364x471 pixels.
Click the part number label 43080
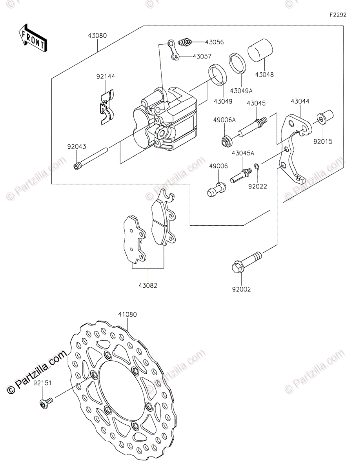click(x=97, y=35)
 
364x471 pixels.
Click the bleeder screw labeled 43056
click(x=185, y=41)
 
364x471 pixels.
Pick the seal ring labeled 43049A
click(x=238, y=63)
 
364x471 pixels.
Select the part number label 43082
click(x=148, y=285)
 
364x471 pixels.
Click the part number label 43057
click(x=202, y=56)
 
